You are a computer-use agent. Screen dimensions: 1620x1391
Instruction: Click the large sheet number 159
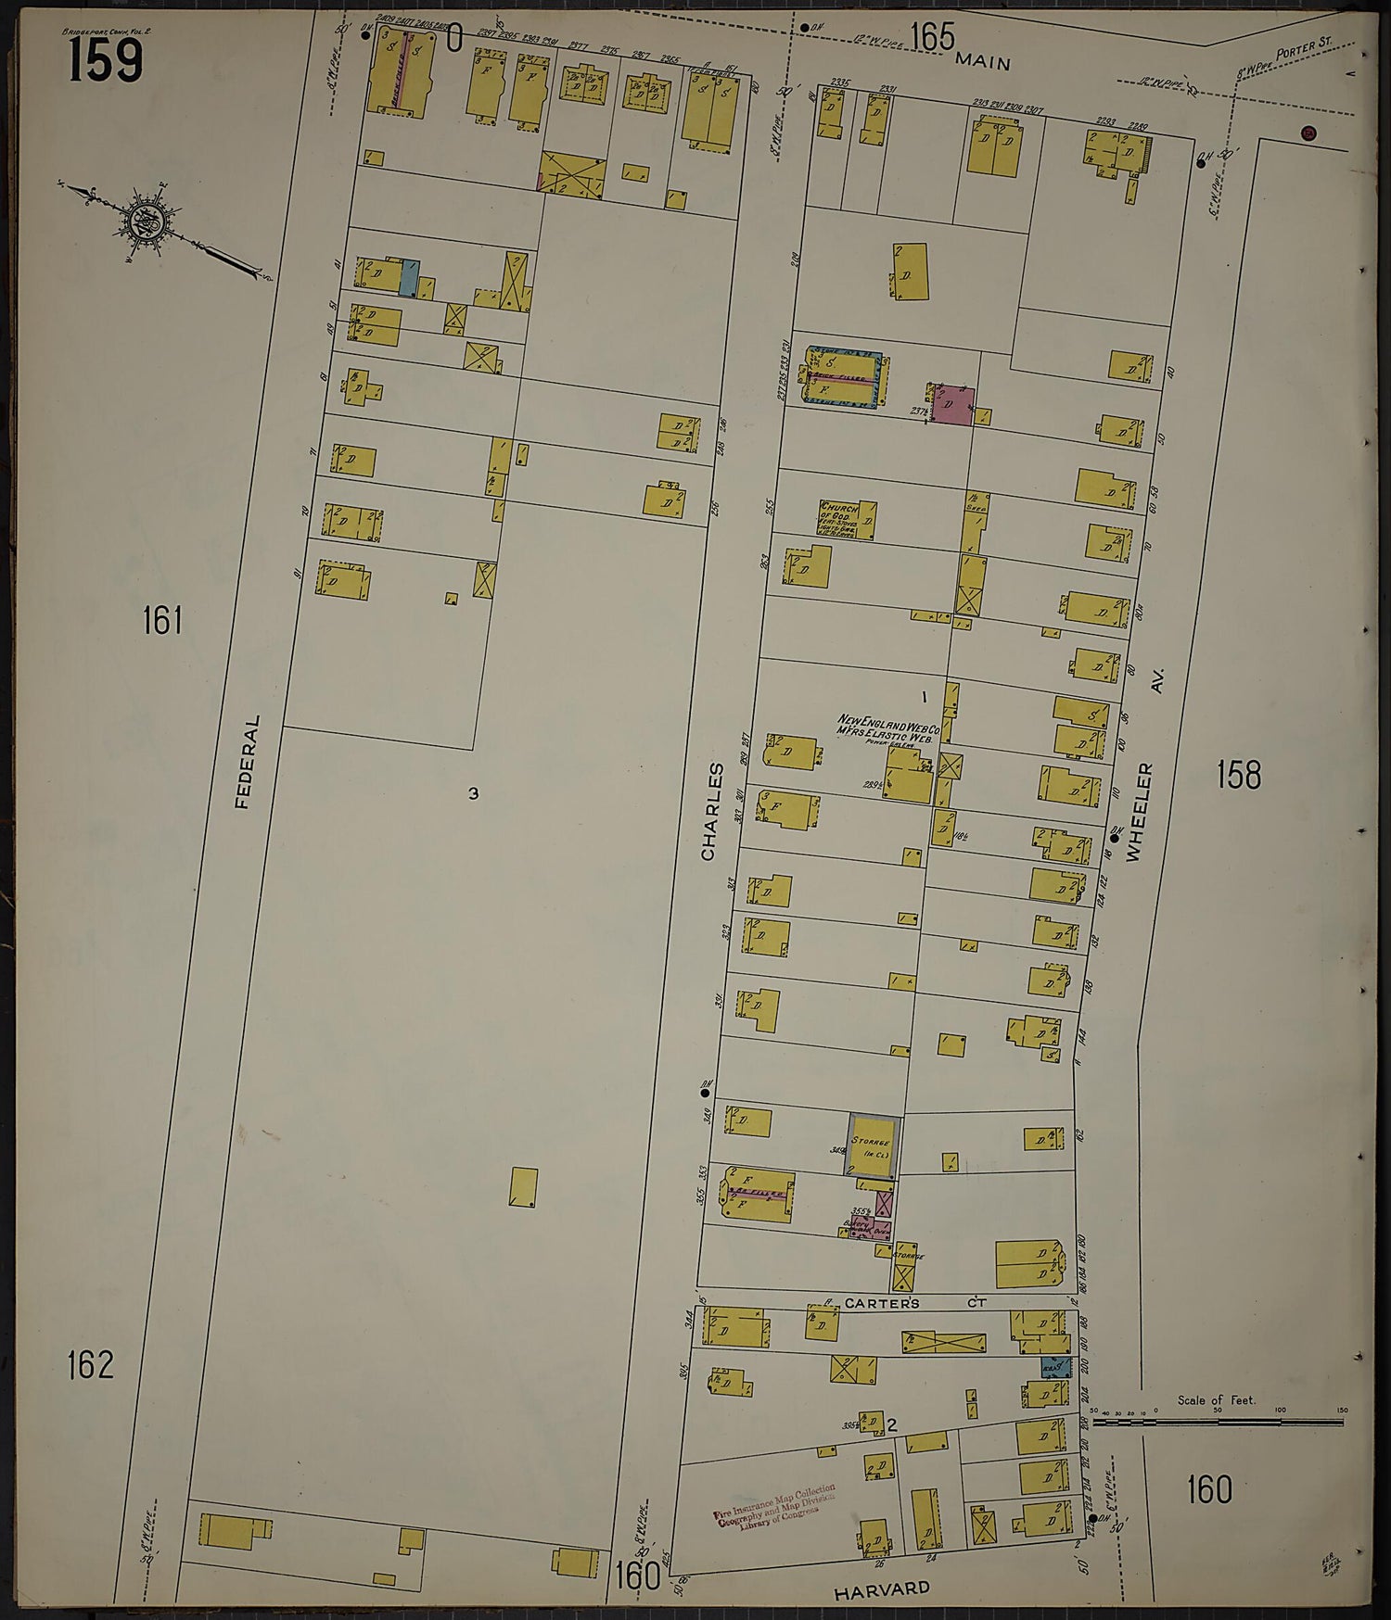click(x=104, y=60)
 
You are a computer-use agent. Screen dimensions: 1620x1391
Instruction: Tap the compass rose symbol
click(x=148, y=221)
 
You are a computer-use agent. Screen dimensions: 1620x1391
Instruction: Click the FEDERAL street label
click(x=245, y=762)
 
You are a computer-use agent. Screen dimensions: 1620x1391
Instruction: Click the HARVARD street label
click(x=881, y=1588)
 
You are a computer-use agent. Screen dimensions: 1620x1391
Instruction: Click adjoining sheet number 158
click(x=1239, y=774)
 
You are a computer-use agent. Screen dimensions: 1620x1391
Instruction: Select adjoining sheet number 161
click(x=161, y=620)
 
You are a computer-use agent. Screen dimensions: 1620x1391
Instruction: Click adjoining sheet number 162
click(x=90, y=1364)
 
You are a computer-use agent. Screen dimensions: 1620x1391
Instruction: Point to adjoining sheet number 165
click(x=932, y=37)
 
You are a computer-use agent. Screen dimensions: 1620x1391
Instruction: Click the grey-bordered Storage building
click(x=873, y=1145)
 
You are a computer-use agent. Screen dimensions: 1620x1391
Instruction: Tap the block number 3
click(x=473, y=793)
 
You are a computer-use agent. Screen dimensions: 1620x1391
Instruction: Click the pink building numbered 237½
click(x=952, y=406)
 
